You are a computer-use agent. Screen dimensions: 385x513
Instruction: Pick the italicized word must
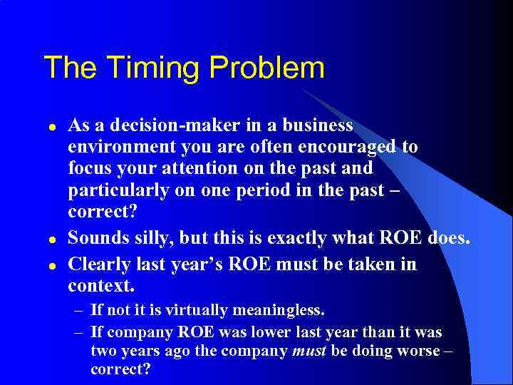[x=308, y=351]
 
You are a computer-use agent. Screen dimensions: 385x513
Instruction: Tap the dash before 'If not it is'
[x=79, y=312]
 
